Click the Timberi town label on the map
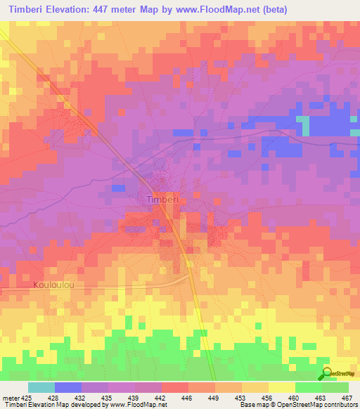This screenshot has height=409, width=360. tap(164, 200)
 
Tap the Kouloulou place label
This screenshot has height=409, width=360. tap(53, 285)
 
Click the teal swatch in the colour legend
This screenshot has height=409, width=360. tap(41, 387)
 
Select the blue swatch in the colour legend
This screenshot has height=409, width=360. tap(67, 387)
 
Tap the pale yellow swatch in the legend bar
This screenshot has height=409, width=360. tap(281, 387)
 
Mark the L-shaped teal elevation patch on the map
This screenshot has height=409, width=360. tap(304, 125)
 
